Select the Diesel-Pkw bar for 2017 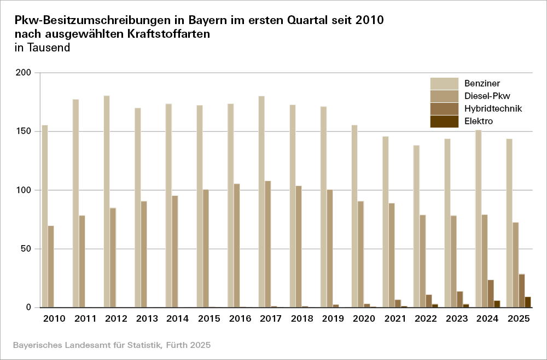coord(268,244)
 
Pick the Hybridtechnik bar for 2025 coord(522,291)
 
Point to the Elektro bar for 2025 coord(528,302)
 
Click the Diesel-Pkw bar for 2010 coord(51,266)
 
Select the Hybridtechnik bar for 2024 coord(491,294)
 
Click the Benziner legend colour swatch coord(444,83)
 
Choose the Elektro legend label coord(479,121)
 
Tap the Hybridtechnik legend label coord(493,108)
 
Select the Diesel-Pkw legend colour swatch coord(444,96)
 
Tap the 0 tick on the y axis coord(32,307)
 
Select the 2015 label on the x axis coord(208,318)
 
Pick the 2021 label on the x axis coord(394,318)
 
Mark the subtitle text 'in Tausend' coord(43,48)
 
